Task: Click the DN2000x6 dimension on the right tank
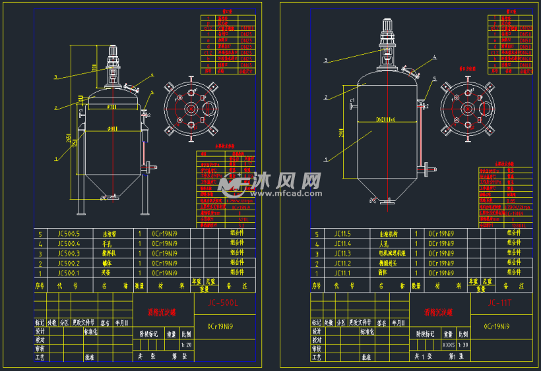(385, 120)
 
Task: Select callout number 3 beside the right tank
(326, 61)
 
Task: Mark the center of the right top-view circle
(468, 109)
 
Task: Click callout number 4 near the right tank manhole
(435, 58)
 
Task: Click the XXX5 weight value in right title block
(449, 345)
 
